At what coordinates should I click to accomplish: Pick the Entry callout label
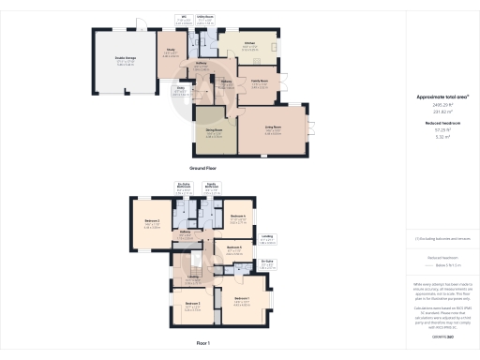[177, 89]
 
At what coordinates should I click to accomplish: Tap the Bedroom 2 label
[152, 221]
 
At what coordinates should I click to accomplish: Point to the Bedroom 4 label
[237, 216]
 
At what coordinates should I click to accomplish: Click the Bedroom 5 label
[233, 247]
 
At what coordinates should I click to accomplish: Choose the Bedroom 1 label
[243, 298]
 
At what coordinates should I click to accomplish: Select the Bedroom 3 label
[192, 304]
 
